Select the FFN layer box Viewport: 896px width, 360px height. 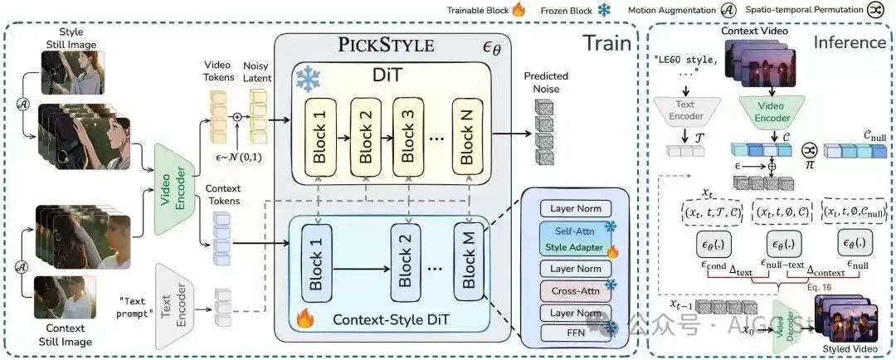click(x=573, y=334)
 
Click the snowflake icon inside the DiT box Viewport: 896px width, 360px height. click(x=309, y=78)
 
